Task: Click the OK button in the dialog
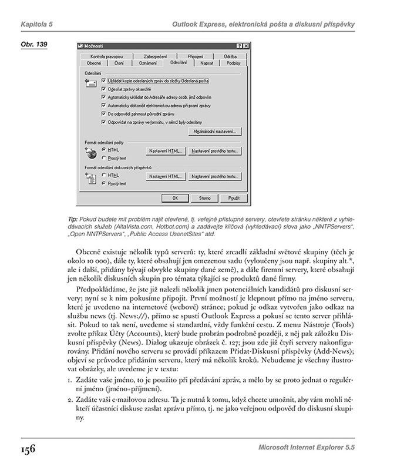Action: click(x=174, y=198)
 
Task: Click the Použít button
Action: click(x=233, y=198)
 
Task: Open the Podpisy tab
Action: click(x=233, y=62)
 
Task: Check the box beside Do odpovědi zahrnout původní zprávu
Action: click(x=104, y=113)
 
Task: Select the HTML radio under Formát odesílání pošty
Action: click(x=103, y=150)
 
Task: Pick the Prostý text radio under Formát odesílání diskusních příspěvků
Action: click(x=103, y=183)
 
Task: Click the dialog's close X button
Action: click(x=245, y=45)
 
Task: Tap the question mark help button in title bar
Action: click(x=238, y=45)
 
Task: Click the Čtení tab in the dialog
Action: click(x=119, y=62)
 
